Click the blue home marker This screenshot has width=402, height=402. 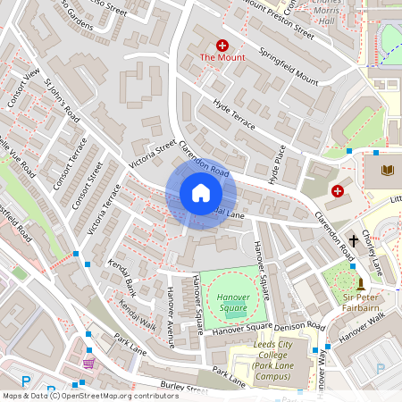click(x=200, y=193)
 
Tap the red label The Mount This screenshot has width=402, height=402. click(x=221, y=58)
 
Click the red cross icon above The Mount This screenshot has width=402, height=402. click(x=222, y=44)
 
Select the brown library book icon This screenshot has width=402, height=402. click(x=388, y=170)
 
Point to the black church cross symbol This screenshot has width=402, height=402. click(x=354, y=240)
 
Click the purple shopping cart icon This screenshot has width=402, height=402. click(x=88, y=364)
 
